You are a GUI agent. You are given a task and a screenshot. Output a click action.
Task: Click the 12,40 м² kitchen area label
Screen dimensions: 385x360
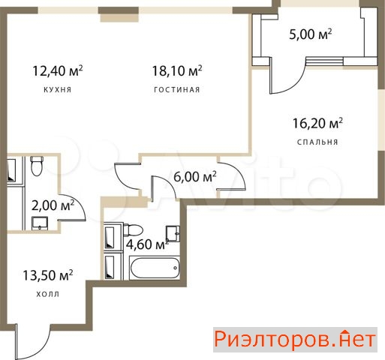(58, 70)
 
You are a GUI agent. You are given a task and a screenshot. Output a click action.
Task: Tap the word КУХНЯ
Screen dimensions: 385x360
(58, 90)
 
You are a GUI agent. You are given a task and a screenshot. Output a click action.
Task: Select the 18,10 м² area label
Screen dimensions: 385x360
(177, 70)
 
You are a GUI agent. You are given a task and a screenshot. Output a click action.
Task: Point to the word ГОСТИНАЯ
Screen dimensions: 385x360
(177, 90)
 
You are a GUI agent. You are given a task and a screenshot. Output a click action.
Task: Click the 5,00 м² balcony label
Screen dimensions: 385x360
(311, 34)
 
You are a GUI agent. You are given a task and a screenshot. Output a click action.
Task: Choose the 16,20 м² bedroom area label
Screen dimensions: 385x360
(317, 123)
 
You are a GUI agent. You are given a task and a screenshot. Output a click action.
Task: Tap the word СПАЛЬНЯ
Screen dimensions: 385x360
(317, 142)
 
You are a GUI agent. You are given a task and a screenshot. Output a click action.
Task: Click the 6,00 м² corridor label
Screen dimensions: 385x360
(195, 177)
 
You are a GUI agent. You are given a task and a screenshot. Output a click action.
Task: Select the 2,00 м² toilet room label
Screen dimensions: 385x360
(53, 205)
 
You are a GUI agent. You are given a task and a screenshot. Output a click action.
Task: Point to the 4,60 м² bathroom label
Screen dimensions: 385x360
(147, 244)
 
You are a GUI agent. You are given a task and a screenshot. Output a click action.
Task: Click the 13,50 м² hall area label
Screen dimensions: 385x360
(48, 275)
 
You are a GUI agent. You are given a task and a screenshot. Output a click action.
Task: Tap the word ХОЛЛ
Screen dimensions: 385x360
(48, 294)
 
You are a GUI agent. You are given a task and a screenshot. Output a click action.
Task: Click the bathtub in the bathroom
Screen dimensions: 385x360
(155, 268)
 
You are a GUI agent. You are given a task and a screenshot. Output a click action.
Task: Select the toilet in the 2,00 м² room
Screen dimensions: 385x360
(37, 166)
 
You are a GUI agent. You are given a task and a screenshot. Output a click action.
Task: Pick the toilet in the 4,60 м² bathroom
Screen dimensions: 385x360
(133, 230)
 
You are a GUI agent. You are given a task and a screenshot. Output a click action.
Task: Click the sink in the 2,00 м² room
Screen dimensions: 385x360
(40, 223)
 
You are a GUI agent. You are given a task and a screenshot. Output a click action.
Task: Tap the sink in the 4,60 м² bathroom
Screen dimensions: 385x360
(173, 233)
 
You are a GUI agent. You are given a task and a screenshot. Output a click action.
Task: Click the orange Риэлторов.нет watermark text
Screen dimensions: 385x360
(295, 340)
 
